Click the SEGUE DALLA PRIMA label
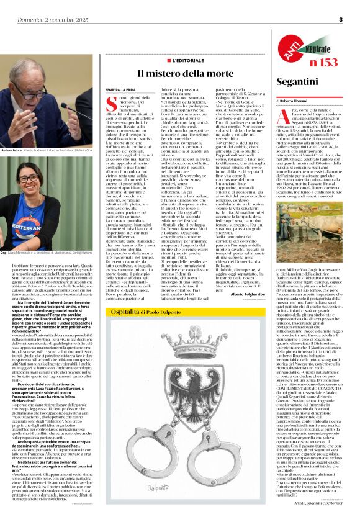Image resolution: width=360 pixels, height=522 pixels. [113, 89]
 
